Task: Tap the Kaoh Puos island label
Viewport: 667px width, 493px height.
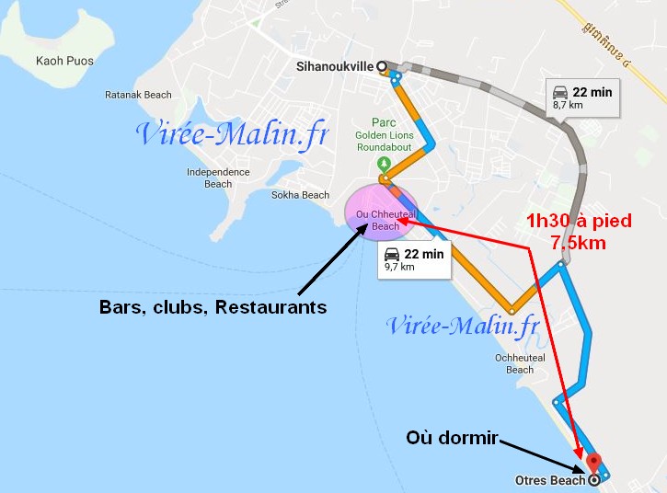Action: [61, 61]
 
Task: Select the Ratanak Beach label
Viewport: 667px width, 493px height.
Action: [138, 95]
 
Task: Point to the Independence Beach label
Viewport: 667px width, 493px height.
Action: [218, 178]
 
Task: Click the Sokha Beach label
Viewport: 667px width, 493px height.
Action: [300, 195]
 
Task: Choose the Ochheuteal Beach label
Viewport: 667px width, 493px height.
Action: [520, 363]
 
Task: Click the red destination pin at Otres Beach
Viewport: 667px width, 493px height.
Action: [593, 463]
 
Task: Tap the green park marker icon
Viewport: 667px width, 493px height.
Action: [383, 164]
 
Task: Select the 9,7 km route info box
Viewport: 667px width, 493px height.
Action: [414, 259]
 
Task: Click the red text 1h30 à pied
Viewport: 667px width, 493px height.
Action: [567, 221]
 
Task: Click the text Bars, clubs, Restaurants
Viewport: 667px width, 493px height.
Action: [213, 307]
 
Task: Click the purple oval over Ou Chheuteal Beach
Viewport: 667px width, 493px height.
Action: [380, 212]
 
